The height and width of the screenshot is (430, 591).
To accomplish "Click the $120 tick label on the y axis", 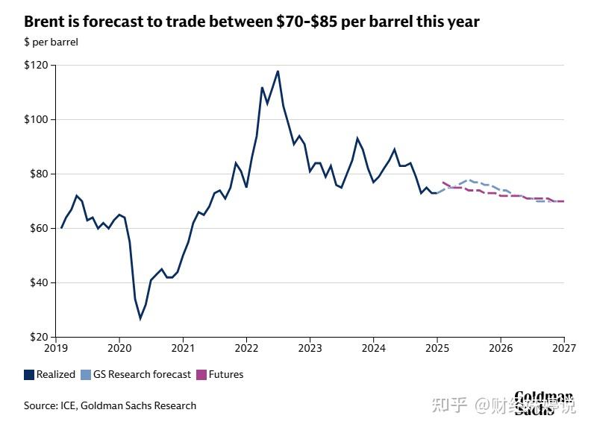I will coord(36,66).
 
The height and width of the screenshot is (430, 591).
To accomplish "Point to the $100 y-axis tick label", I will coord(36,120).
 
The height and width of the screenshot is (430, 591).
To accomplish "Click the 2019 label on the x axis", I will coord(56,348).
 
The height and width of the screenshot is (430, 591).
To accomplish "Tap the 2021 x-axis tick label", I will coord(183,348).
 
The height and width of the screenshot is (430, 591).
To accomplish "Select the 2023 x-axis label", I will coord(310,348).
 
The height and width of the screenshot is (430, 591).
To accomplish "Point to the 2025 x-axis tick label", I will coord(437,348).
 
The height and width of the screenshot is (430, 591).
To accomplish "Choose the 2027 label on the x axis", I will coord(564,348).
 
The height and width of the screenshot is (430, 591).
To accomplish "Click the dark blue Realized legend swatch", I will coord(29,375).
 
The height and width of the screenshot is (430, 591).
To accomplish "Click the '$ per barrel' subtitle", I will coord(51,42).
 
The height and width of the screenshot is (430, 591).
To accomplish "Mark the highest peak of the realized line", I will coord(278,72).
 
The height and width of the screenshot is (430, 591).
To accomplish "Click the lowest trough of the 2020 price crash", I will coord(140,319).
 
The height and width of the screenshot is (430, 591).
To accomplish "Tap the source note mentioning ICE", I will coord(110,406).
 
